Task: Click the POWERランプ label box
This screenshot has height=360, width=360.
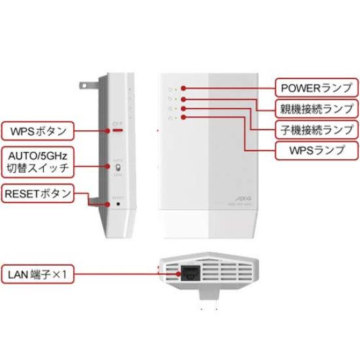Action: point(315,88)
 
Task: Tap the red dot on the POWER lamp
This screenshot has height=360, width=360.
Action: point(185,88)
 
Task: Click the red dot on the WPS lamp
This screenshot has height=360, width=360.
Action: point(185,117)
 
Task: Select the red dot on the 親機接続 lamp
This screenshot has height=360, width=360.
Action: point(185,98)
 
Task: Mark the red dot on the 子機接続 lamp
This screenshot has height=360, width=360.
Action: point(185,107)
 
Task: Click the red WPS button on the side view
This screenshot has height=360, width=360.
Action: point(118,130)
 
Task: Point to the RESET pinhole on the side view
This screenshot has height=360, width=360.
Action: point(118,204)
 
